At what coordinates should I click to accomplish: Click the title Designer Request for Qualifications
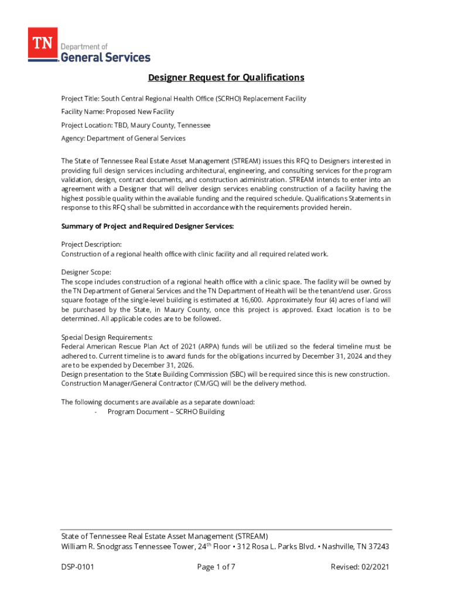tap(225, 78)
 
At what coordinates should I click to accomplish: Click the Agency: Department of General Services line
tap(123, 139)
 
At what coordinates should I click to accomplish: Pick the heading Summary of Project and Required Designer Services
tap(148, 226)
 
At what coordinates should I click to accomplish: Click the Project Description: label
tap(91, 244)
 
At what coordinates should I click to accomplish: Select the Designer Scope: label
tap(86, 272)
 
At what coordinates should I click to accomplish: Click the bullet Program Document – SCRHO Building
tap(166, 412)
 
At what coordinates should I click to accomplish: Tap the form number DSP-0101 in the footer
tap(78, 567)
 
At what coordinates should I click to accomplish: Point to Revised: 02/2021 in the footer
tap(360, 567)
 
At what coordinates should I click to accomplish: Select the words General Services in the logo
tap(106, 57)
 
